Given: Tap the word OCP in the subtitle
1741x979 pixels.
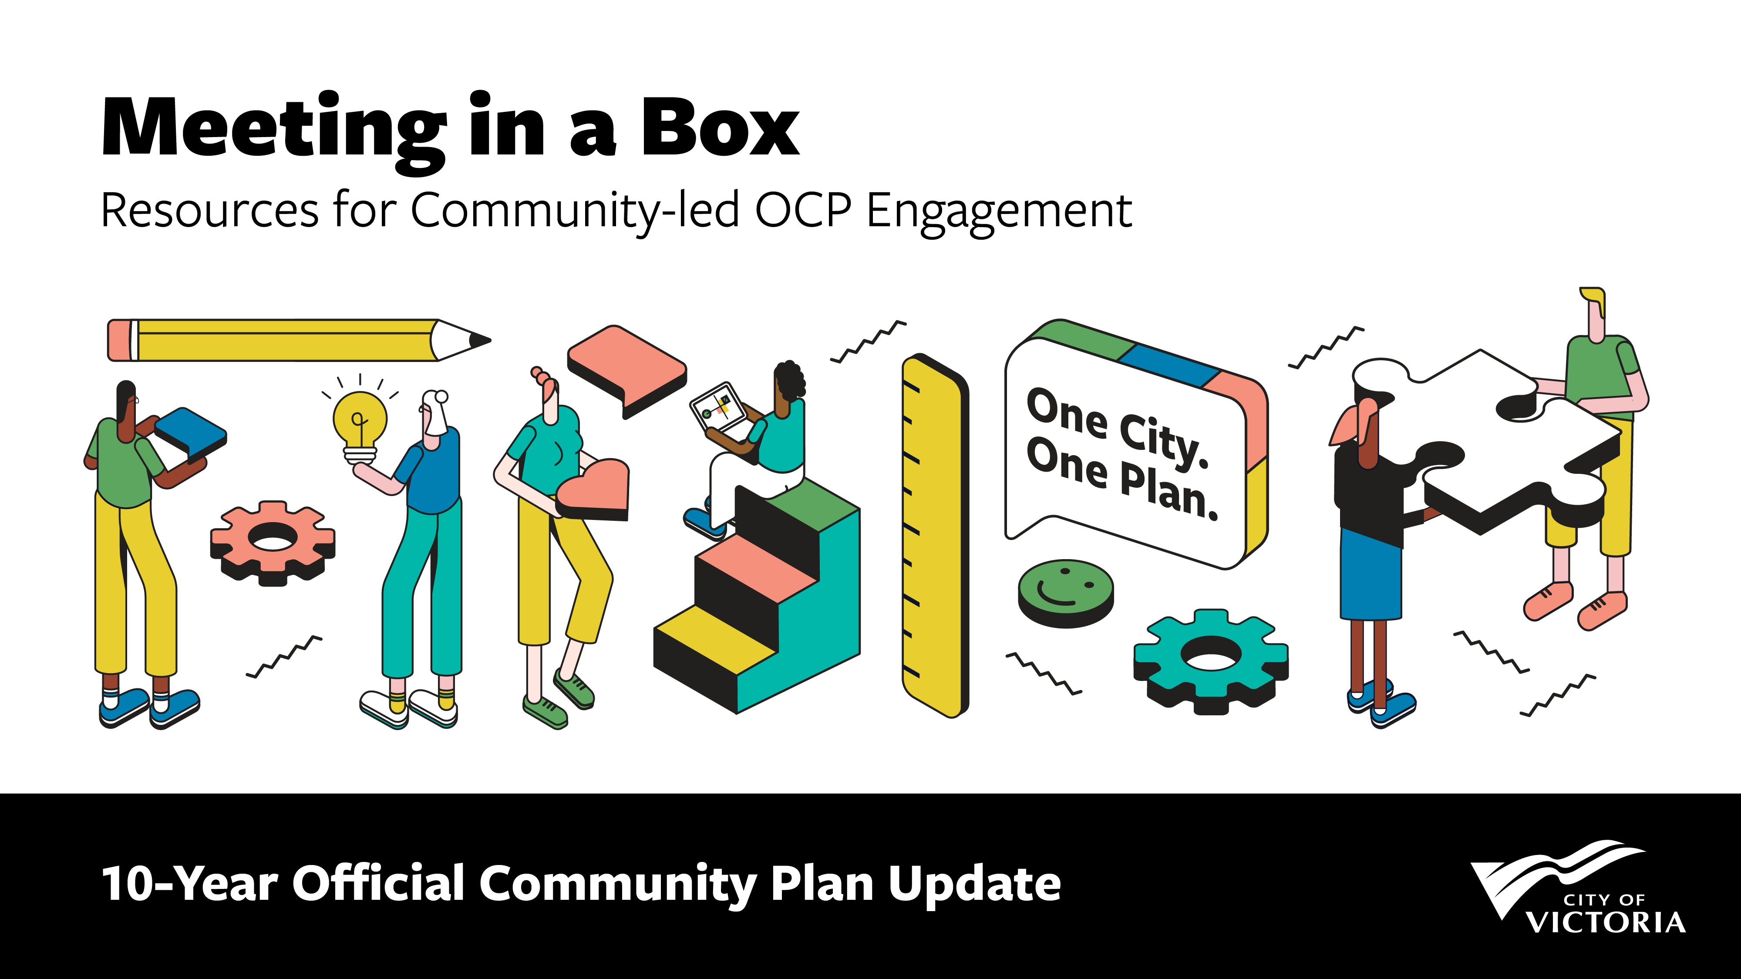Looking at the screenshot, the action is pos(802,210).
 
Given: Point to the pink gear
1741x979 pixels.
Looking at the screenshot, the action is pos(273,543).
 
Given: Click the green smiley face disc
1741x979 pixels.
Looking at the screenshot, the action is pos(1066,593).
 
